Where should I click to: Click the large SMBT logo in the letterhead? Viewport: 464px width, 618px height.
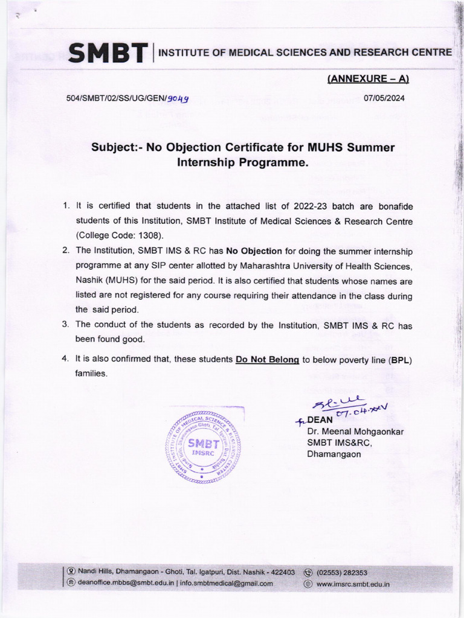click(108, 53)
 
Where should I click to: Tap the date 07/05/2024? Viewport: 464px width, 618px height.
click(385, 98)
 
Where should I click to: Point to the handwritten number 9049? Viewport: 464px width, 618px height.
click(178, 99)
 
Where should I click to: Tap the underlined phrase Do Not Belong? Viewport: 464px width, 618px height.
click(267, 359)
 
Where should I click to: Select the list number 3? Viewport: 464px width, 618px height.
click(66, 325)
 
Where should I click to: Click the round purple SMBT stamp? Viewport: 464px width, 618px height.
click(203, 448)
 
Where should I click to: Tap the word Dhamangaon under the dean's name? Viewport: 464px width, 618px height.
click(334, 454)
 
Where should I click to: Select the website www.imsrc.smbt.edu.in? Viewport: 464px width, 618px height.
click(353, 584)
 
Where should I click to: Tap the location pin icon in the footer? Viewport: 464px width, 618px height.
click(71, 572)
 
